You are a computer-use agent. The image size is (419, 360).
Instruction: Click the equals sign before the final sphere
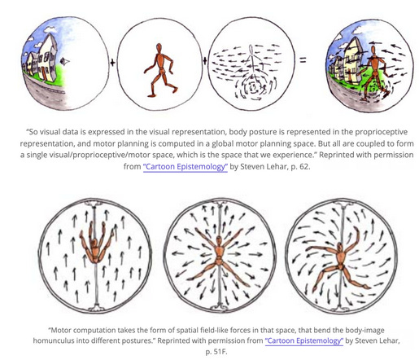303,59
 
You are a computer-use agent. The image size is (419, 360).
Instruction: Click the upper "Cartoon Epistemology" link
185,166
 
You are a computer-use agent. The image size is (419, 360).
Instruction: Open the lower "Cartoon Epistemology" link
304,340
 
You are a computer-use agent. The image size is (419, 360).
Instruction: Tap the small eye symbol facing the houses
65,62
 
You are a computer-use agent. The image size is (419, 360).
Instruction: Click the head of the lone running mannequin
159,48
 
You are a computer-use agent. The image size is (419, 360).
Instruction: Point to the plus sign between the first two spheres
112,63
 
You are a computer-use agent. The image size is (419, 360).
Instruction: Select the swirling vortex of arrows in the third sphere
255,87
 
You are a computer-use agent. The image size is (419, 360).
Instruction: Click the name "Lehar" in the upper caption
278,166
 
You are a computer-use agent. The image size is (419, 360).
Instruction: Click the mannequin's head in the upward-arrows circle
94,243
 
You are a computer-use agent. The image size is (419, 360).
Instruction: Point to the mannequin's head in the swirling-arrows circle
340,247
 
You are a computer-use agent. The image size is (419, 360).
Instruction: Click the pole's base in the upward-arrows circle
96,308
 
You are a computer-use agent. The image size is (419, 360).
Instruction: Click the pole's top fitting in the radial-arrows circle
220,202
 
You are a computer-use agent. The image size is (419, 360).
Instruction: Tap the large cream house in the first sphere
48,58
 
